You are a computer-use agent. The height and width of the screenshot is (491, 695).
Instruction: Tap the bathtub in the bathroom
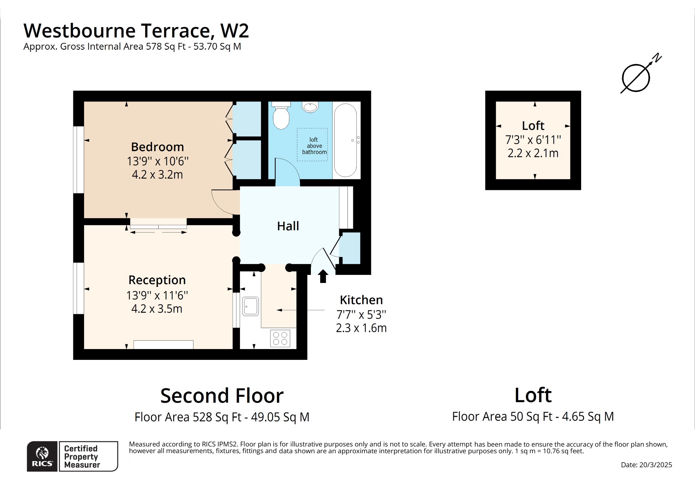345,140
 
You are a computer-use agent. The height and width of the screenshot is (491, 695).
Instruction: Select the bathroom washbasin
310,107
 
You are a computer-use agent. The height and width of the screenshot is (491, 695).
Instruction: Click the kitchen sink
250,306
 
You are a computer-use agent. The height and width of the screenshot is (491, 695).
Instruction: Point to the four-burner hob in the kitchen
280,338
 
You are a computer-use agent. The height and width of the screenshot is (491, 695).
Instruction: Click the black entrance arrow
323,276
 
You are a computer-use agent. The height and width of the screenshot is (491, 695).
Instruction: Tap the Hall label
288,226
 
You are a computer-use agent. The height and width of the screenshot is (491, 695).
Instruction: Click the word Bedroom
157,147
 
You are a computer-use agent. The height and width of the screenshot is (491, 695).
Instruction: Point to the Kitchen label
361,300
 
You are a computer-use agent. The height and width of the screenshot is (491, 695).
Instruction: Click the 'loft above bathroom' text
314,146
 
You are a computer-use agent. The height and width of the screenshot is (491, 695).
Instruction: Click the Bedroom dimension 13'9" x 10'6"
157,161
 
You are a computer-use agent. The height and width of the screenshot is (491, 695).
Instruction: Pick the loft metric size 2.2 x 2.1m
533,153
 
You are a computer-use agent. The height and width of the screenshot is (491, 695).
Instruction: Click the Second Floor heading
222,396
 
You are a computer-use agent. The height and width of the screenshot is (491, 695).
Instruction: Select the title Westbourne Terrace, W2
136,31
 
